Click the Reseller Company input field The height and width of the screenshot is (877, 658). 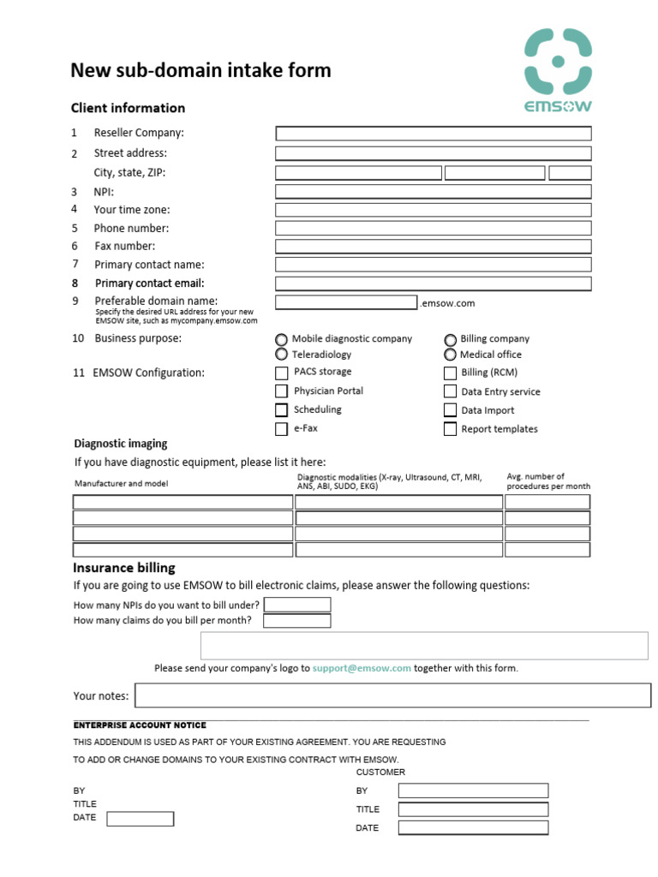[433, 134]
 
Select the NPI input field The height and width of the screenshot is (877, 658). [433, 192]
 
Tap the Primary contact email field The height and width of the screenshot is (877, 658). [433, 283]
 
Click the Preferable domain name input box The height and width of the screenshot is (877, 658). [346, 302]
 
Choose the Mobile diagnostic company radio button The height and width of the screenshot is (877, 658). [281, 339]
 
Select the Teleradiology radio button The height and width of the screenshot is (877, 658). [281, 355]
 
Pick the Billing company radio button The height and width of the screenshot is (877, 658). [450, 339]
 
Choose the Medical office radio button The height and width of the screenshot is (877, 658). [450, 355]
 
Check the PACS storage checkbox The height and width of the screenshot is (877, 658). [281, 373]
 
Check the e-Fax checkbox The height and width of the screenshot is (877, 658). [281, 429]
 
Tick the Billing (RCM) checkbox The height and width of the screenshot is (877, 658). [450, 373]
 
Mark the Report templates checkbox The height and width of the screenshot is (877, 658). [450, 429]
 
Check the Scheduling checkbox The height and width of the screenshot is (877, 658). [281, 410]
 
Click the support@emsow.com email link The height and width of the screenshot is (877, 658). [362, 668]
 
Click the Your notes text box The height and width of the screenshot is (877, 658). [393, 695]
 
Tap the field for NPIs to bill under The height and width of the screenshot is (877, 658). [296, 605]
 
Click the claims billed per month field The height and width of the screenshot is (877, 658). [296, 620]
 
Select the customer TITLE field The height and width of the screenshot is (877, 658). [472, 809]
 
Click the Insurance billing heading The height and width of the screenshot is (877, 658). [124, 568]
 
